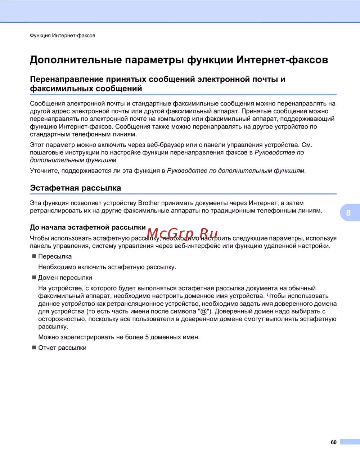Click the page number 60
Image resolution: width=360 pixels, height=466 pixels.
click(x=333, y=442)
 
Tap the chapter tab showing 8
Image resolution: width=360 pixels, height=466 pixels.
click(x=348, y=213)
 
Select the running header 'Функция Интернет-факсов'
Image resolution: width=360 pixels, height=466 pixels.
click(x=62, y=35)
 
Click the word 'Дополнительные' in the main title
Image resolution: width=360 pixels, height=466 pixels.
click(x=76, y=60)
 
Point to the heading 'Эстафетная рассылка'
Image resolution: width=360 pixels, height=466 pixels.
click(x=75, y=188)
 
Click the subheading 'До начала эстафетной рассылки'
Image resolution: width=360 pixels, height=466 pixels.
click(x=87, y=227)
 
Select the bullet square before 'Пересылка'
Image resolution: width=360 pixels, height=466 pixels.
click(x=34, y=256)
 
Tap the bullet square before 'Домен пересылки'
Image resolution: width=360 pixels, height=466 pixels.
click(x=34, y=277)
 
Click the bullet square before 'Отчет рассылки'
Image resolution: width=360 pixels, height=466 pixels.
click(x=34, y=348)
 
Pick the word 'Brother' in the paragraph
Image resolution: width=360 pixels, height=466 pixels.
click(x=149, y=203)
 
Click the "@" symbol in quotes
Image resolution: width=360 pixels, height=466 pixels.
click(x=204, y=311)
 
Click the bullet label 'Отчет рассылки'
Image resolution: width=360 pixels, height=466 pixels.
click(x=62, y=348)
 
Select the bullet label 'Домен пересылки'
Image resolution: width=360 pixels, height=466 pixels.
click(x=65, y=278)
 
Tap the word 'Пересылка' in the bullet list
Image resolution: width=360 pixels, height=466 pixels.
click(x=55, y=256)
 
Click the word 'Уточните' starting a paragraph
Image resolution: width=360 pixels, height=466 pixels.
click(x=44, y=171)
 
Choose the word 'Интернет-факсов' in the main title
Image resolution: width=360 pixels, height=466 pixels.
click(x=282, y=60)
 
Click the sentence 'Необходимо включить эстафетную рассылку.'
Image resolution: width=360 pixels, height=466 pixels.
click(x=107, y=267)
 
